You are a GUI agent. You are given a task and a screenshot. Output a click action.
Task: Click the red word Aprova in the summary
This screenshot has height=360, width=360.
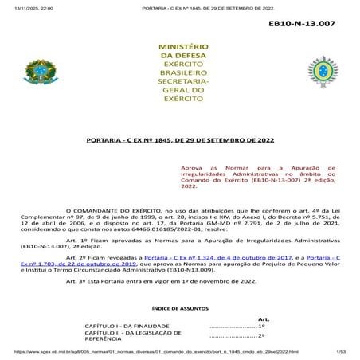pos(194,170)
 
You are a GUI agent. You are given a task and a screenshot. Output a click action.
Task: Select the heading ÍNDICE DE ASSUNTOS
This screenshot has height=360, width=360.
pos(179,306)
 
